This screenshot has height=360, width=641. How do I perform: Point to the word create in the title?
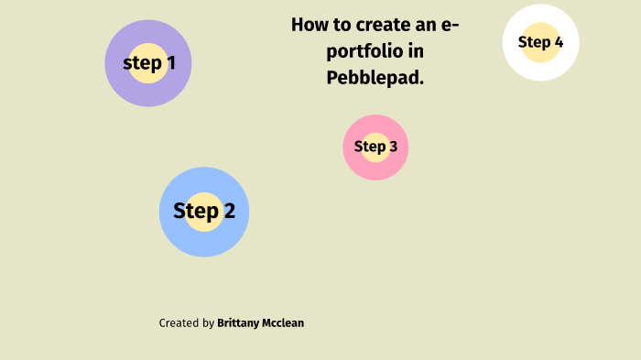[x=374, y=25]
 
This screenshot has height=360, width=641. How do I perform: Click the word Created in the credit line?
[x=179, y=323]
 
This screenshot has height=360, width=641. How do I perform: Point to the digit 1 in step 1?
[x=170, y=63]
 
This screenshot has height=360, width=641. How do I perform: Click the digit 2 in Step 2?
[x=229, y=212]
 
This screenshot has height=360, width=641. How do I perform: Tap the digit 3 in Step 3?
[x=393, y=147]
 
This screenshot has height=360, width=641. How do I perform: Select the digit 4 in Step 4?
[x=559, y=42]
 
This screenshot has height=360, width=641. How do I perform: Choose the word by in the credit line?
[x=209, y=323]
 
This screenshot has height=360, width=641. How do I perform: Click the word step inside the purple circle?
[x=142, y=63]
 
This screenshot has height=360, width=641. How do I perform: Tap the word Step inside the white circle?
[x=534, y=42]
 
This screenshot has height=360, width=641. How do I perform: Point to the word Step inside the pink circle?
[x=370, y=147]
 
